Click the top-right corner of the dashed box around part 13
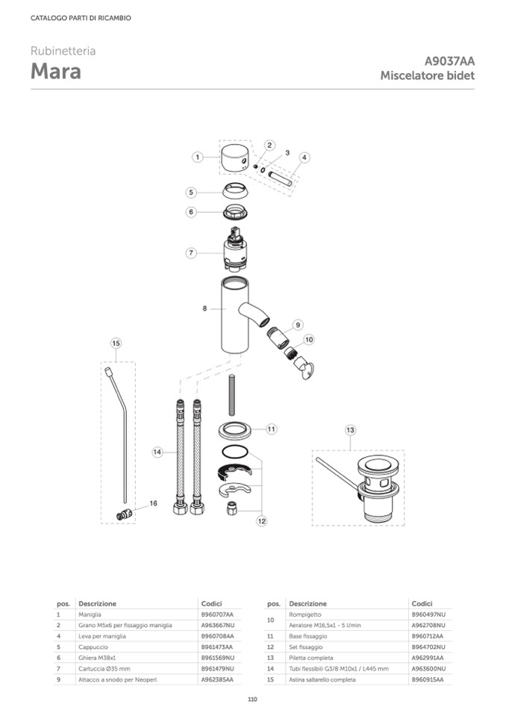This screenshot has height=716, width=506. click(x=404, y=451)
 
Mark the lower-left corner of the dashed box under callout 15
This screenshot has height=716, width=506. click(x=101, y=523)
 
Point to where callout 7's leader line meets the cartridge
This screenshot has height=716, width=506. click(x=224, y=253)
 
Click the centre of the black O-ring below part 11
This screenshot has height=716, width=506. click(x=235, y=452)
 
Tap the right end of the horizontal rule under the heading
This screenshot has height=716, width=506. click(x=475, y=89)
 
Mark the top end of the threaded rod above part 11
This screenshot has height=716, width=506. click(x=232, y=376)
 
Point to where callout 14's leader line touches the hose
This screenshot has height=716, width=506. click(x=177, y=452)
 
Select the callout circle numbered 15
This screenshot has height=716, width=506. click(x=116, y=343)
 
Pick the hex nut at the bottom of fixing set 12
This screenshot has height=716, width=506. click(x=232, y=508)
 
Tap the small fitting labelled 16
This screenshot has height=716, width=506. click(x=124, y=514)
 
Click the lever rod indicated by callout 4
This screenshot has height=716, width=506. click(x=280, y=178)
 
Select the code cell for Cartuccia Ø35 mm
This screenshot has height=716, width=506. click(x=218, y=668)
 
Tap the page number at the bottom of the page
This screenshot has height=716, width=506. click(x=253, y=699)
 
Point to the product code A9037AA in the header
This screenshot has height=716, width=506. click(x=449, y=61)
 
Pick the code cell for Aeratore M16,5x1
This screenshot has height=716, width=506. click(x=428, y=625)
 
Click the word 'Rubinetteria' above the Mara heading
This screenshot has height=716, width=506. click(x=63, y=51)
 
